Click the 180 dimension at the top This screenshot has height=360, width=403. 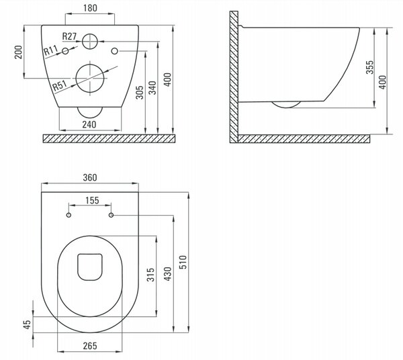click(90, 8)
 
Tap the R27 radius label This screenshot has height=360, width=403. click(69, 36)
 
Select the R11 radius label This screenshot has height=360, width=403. click(50, 50)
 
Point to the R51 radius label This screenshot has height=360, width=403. click(60, 85)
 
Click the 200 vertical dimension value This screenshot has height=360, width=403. click(19, 52)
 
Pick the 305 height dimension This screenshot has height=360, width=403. click(140, 93)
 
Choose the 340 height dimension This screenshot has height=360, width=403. click(152, 87)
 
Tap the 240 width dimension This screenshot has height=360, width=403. click(89, 124)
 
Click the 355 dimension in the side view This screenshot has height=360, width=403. click(369, 67)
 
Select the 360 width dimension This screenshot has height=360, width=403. click(90, 177)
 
